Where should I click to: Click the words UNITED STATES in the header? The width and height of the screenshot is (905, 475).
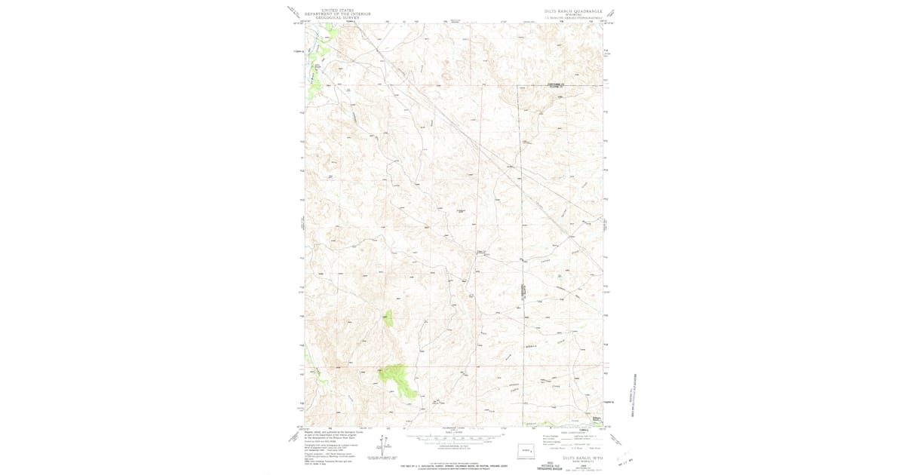tap(329, 10)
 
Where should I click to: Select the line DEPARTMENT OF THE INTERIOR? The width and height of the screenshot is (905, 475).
tap(329, 14)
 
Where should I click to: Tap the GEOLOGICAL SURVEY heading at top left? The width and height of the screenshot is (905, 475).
tap(329, 17)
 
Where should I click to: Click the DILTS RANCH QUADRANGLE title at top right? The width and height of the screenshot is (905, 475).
tap(573, 11)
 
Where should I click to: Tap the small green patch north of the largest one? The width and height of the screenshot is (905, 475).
tap(389, 317)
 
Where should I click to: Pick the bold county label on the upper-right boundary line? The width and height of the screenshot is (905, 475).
tap(556, 84)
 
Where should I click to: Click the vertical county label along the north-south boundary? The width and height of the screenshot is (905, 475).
tap(522, 290)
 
